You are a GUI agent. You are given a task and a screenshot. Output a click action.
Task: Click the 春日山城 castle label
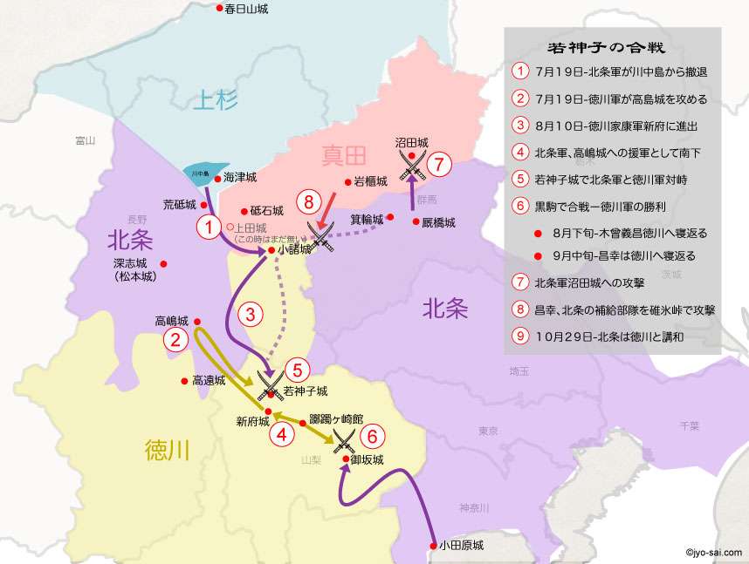[245, 9]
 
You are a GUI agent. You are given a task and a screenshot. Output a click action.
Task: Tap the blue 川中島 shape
[206, 172]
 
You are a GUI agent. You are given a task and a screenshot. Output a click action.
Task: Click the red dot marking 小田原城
[434, 546]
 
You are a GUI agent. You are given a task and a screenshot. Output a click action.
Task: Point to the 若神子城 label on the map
[306, 391]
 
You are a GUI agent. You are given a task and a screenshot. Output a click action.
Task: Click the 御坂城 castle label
[367, 459]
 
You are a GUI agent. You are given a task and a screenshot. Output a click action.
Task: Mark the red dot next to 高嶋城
[197, 321]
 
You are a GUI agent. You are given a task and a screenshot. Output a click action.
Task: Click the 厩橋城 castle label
[439, 223]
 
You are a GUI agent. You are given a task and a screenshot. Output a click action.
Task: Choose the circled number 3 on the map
[251, 312]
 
